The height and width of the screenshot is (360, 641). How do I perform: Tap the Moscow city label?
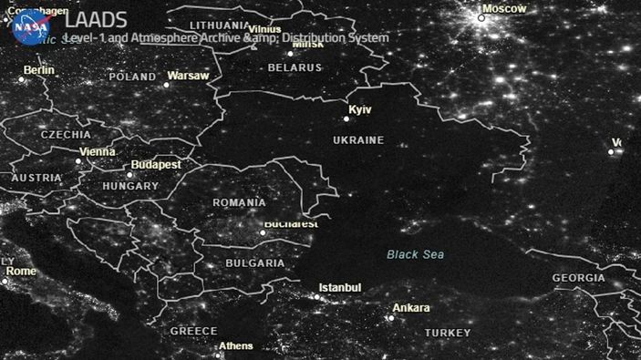pyautogui.click(x=504, y=8)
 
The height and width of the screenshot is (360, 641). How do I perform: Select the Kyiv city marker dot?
pyautogui.click(x=346, y=118)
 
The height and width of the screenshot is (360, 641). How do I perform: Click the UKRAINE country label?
pyautogui.click(x=357, y=140)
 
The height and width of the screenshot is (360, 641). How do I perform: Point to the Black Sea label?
pyautogui.click(x=415, y=254)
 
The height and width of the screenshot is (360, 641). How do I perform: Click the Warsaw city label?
pyautogui.click(x=189, y=75)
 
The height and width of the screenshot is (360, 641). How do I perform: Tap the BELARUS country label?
pyautogui.click(x=295, y=67)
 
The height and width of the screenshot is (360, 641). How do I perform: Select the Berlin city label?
pyautogui.click(x=39, y=70)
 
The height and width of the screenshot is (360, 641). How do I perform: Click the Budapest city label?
pyautogui.click(x=156, y=165)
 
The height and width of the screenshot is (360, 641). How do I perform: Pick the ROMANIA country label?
pyautogui.click(x=239, y=202)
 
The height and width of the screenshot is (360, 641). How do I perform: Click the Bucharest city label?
pyautogui.click(x=291, y=223)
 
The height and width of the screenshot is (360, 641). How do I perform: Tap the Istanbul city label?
pyautogui.click(x=340, y=288)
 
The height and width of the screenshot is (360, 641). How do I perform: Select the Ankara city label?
pyautogui.click(x=410, y=308)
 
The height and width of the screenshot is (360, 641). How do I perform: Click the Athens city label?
pyautogui.click(x=236, y=346)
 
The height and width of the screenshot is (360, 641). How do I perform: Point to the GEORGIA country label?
pyautogui.click(x=578, y=278)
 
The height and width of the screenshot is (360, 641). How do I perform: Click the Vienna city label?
pyautogui.click(x=98, y=151)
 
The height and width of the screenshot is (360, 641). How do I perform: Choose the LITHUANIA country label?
pyautogui.click(x=220, y=25)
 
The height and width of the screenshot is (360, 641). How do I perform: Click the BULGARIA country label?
pyautogui.click(x=254, y=262)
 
